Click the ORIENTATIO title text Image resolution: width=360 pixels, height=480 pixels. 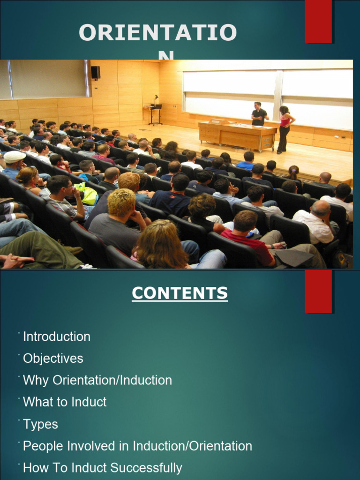[157, 34]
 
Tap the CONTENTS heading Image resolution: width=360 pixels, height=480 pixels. [180, 293]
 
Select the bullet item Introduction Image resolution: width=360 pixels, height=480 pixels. [57, 337]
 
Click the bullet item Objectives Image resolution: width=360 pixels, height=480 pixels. [53, 359]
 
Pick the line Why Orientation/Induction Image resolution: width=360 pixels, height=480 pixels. [97, 380]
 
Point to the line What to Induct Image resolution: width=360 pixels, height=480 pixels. [65, 402]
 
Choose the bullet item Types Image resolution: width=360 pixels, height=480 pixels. [40, 424]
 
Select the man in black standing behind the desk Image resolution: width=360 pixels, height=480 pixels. [258, 114]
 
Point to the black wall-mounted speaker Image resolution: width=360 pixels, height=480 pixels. [96, 72]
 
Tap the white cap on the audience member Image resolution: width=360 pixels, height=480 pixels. [14, 156]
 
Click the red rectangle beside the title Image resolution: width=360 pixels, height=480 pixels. [318, 21]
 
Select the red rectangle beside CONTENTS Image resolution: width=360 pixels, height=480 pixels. [318, 291]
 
